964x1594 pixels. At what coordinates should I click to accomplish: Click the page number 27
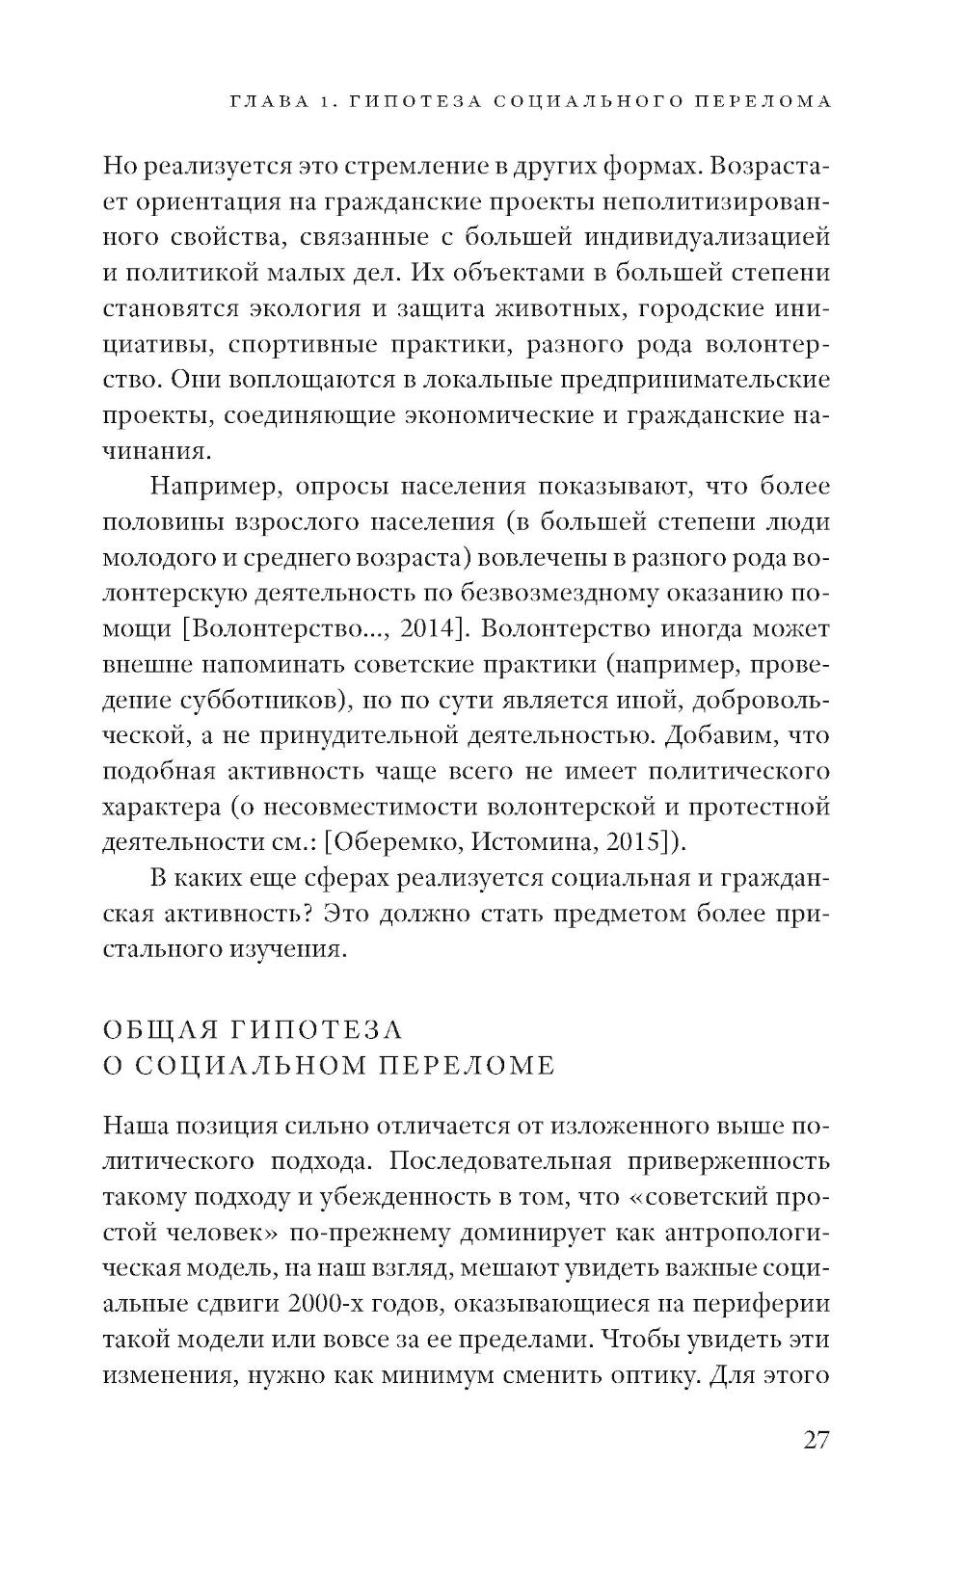pyautogui.click(x=815, y=1440)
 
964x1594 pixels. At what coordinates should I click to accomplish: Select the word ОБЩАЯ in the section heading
pyautogui.click(x=159, y=1029)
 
